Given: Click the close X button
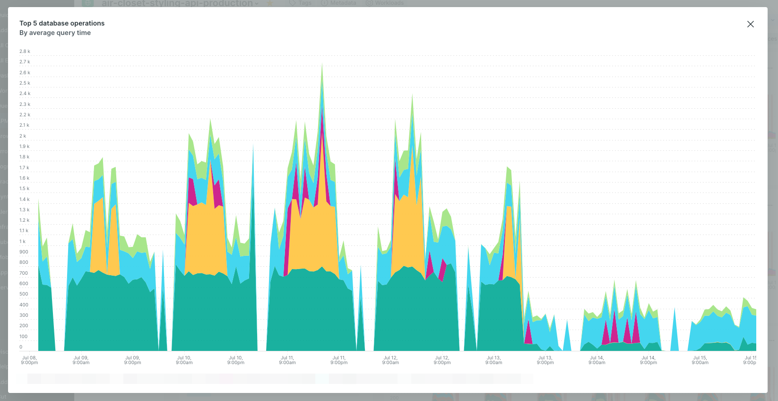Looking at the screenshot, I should point(750,24).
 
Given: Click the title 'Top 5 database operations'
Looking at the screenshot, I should point(62,23).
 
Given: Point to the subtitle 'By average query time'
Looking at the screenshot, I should point(55,33).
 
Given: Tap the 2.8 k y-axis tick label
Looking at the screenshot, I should point(25,51).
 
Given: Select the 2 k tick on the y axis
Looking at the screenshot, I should point(23,136).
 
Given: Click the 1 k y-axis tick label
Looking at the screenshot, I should point(22,241).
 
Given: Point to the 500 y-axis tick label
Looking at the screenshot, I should point(24,294).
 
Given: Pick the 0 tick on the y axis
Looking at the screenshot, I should point(21,347).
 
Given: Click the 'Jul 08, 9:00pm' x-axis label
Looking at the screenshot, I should point(29,360).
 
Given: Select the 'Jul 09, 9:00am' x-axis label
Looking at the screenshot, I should point(81,360).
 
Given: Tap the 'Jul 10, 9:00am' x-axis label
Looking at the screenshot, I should point(184,360).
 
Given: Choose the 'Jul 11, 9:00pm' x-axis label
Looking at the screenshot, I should point(339,360).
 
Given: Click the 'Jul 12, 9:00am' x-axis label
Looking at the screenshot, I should point(390,360).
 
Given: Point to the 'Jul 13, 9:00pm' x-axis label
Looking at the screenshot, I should point(545,360).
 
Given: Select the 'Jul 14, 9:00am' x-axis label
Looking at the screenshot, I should point(597,360).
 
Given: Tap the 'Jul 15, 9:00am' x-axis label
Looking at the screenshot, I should point(700,360).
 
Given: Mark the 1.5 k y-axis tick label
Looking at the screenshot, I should point(25,188).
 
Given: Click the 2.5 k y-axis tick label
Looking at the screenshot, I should point(25,83).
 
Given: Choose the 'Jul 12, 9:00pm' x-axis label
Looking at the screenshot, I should point(442,360).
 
